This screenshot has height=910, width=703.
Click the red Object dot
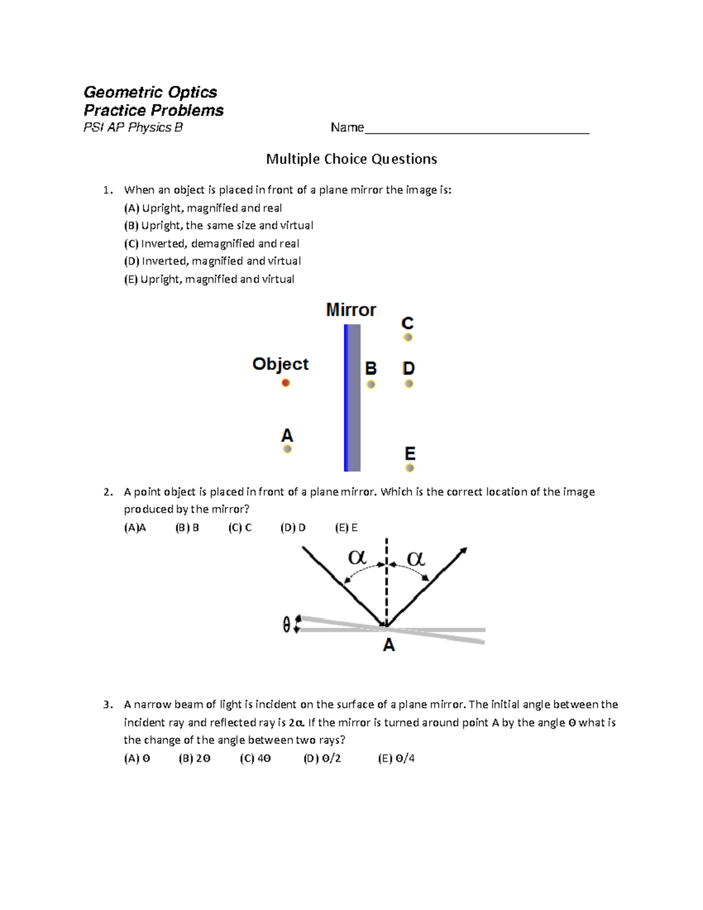click(285, 383)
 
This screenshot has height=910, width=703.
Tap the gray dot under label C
click(408, 338)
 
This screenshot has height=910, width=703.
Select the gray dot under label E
click(409, 468)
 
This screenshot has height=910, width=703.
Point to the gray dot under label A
click(287, 449)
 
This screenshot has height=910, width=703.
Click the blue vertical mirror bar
click(352, 398)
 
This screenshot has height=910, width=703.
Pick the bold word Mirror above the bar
click(351, 310)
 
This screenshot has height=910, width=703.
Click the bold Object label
click(280, 364)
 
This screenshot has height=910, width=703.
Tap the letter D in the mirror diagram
click(408, 368)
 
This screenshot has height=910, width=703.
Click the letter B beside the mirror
click(371, 369)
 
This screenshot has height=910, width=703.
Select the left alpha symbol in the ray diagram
click(357, 557)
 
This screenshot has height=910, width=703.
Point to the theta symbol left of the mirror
click(286, 626)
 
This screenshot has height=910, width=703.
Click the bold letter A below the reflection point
click(388, 646)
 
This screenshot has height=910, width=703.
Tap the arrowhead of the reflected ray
click(463, 550)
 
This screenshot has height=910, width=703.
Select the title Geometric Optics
click(150, 92)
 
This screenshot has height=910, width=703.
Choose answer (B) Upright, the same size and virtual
click(219, 226)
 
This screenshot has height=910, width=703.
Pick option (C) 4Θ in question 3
click(255, 758)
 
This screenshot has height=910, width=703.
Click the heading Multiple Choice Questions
click(351, 159)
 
